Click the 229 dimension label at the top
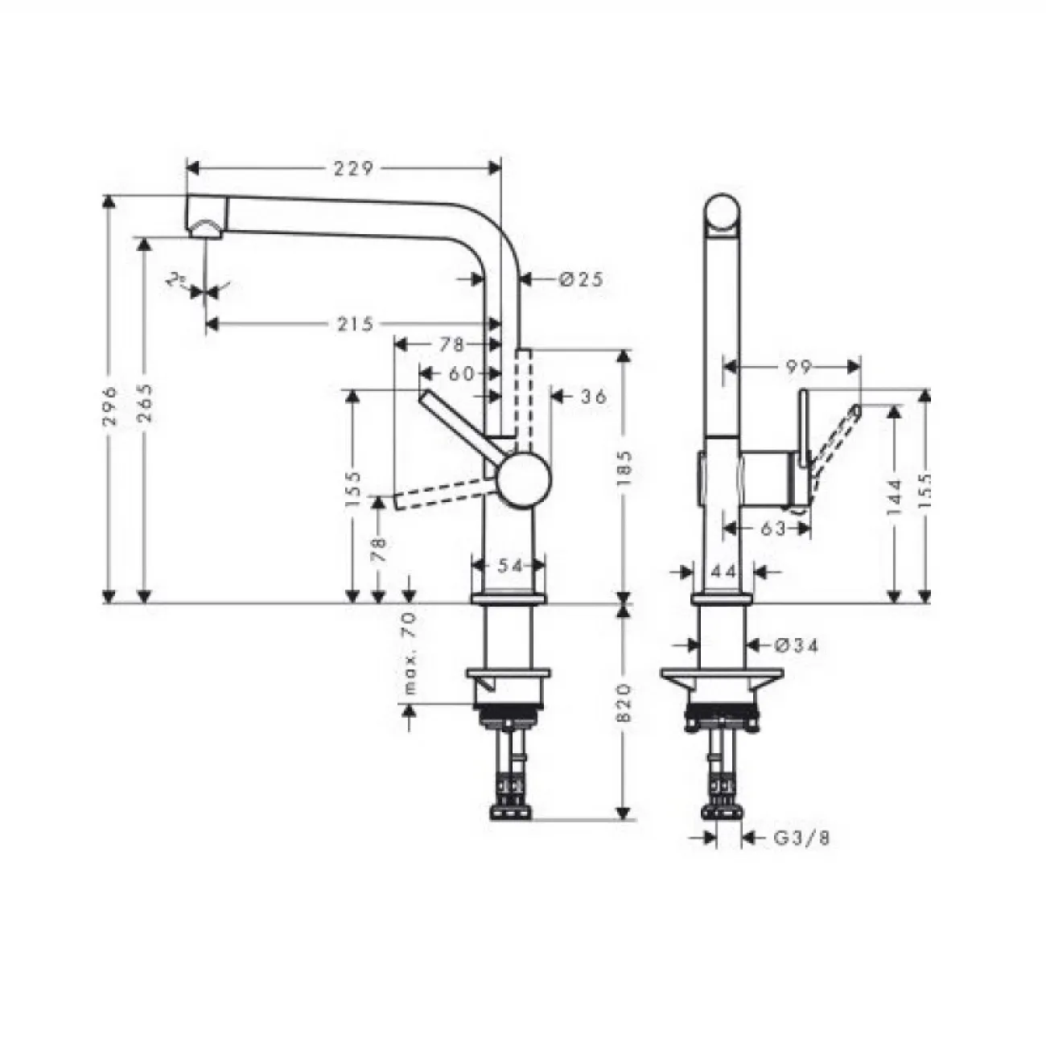click(353, 169)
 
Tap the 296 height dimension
click(111, 406)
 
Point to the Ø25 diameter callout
click(581, 279)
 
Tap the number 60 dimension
click(461, 373)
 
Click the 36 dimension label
click(593, 397)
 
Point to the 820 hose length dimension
click(624, 702)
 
